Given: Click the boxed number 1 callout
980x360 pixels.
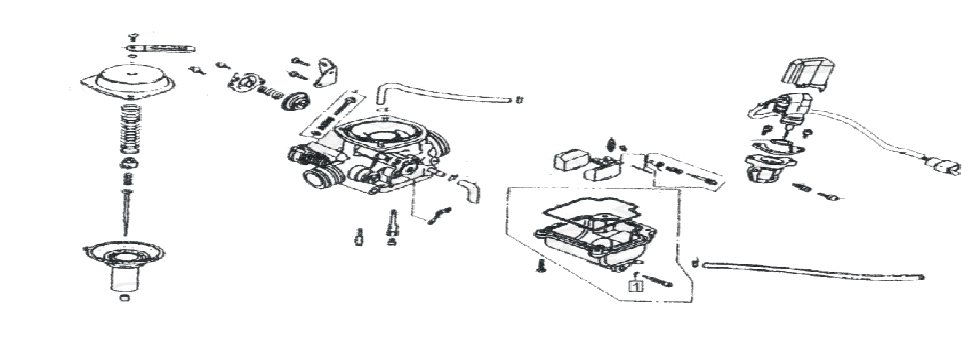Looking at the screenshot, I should click(x=634, y=285).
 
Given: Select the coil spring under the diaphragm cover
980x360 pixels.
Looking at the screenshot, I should click(x=130, y=124).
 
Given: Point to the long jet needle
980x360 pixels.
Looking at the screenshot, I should click(x=129, y=205).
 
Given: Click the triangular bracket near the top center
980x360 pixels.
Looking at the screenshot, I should click(x=322, y=72).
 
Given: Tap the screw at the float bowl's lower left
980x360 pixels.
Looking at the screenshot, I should click(x=539, y=267).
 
